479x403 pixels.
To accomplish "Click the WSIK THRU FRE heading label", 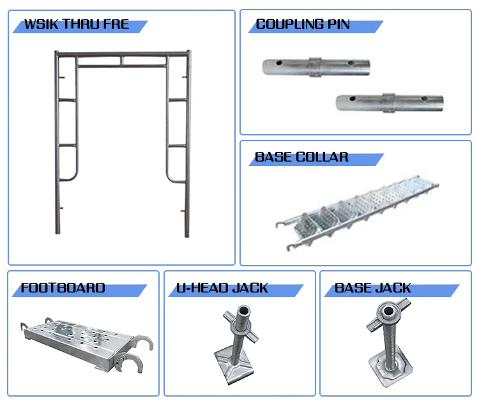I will pyautogui.click(x=76, y=26).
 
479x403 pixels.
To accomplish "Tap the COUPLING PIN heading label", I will pyautogui.click(x=303, y=26).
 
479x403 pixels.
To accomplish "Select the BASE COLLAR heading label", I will pyautogui.click(x=302, y=157).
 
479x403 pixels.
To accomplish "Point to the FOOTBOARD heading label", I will pyautogui.click(x=63, y=288).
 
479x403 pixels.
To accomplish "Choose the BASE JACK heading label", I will pyautogui.click(x=374, y=288).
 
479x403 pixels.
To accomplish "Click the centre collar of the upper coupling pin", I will pyautogui.click(x=316, y=67).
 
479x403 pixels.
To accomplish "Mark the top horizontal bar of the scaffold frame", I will pyautogui.click(x=121, y=53).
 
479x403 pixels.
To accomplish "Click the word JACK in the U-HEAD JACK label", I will pyautogui.click(x=249, y=288).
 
